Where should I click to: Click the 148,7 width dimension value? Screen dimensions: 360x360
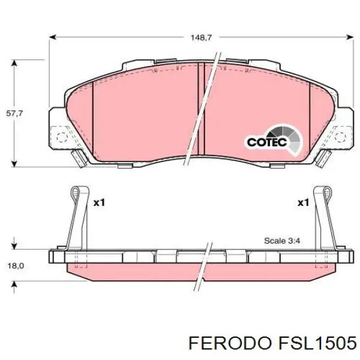click(x=201, y=37)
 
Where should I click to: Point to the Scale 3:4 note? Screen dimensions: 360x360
click(x=284, y=241)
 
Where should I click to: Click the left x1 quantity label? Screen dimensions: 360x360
click(x=98, y=203)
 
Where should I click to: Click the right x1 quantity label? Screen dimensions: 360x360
click(x=302, y=203)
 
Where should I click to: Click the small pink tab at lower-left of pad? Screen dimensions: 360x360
click(x=79, y=158)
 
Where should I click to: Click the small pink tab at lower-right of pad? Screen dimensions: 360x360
click(x=323, y=158)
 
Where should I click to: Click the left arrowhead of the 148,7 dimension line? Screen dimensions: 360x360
click(x=52, y=37)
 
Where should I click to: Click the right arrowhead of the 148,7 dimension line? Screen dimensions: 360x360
click(x=352, y=37)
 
